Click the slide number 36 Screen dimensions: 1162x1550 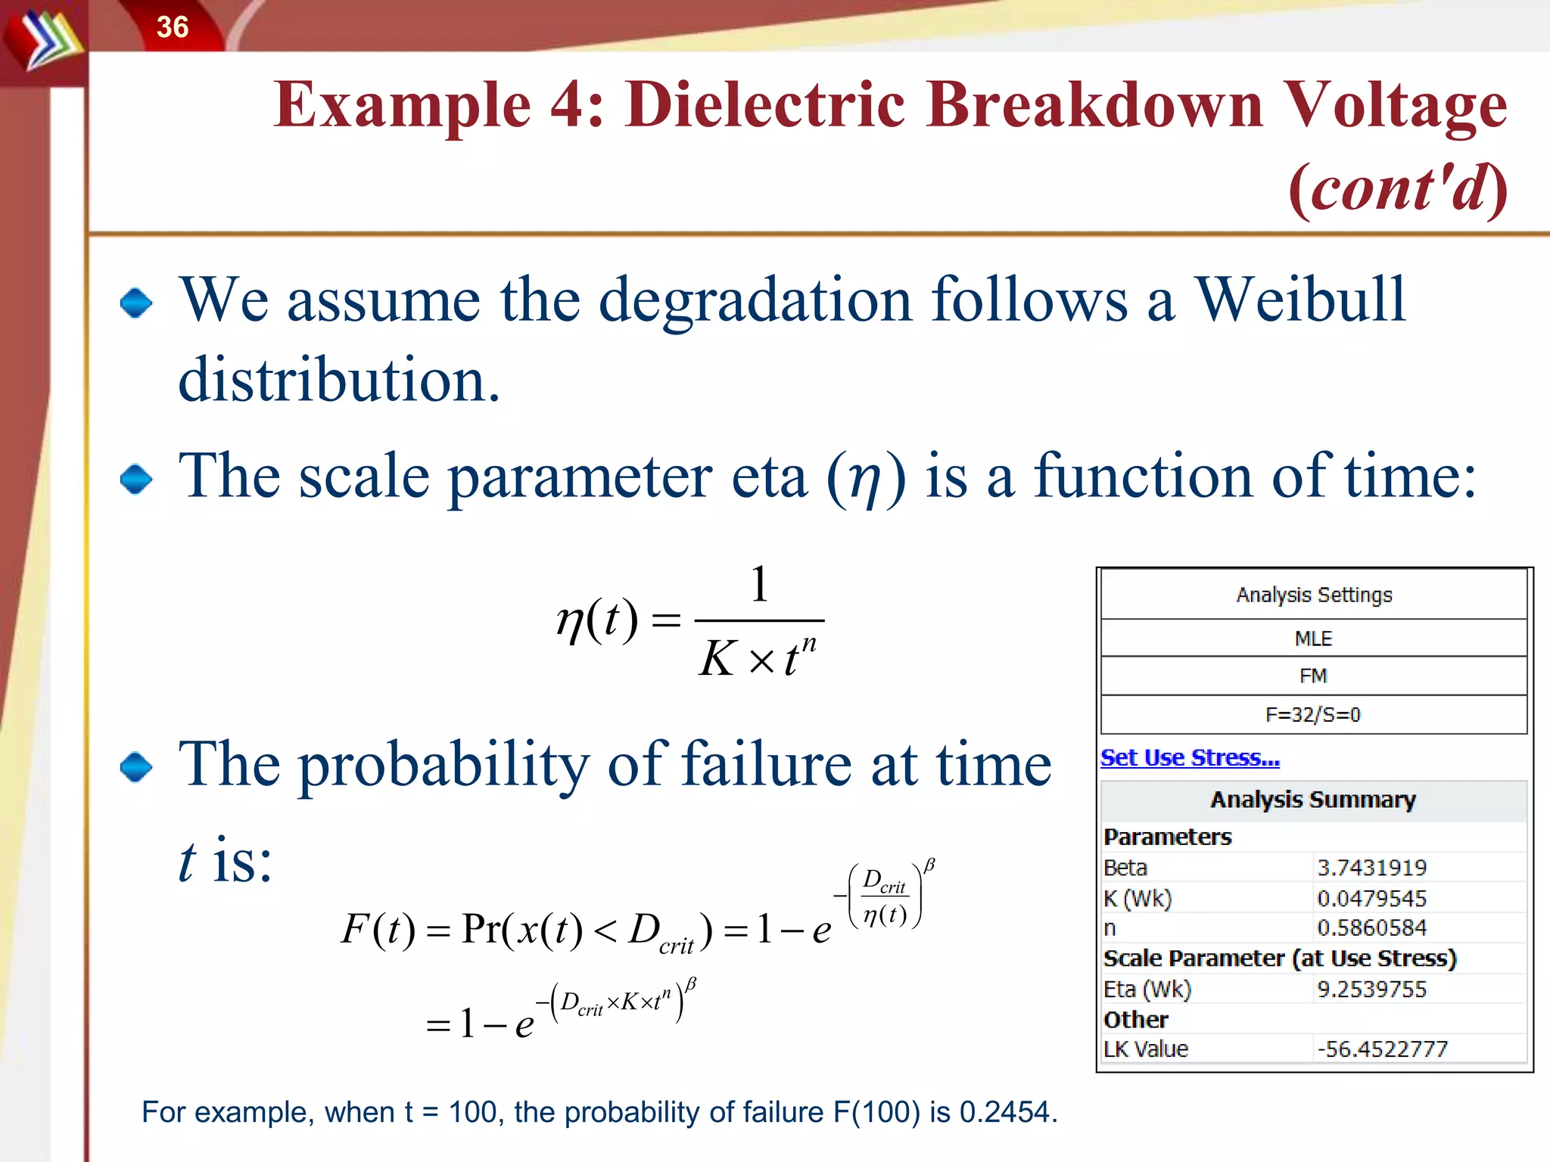pyautogui.click(x=173, y=27)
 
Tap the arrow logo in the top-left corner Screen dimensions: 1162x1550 pyautogui.click(x=47, y=42)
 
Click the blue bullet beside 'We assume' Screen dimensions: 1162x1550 pyautogui.click(x=136, y=303)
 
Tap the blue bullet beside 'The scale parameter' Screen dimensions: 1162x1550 pyautogui.click(x=136, y=479)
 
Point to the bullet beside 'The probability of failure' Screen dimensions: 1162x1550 pyautogui.click(x=136, y=767)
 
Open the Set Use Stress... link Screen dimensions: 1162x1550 pyautogui.click(x=1190, y=757)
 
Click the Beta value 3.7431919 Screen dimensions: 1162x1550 pyautogui.click(x=1371, y=868)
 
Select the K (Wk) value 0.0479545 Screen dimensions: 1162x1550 pyautogui.click(x=1371, y=899)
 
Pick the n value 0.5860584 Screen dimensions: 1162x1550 pyautogui.click(x=1371, y=927)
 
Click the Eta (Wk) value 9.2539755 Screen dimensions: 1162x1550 pyautogui.click(x=1371, y=990)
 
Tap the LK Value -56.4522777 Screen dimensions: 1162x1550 pyautogui.click(x=1382, y=1049)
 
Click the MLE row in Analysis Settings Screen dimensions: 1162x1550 pyautogui.click(x=1314, y=638)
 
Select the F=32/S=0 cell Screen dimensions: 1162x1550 pyautogui.click(x=1314, y=715)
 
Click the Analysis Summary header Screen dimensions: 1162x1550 pyautogui.click(x=1313, y=800)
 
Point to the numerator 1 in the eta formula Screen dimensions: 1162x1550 pyautogui.click(x=759, y=584)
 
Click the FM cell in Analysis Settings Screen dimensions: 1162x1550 pyautogui.click(x=1314, y=676)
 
